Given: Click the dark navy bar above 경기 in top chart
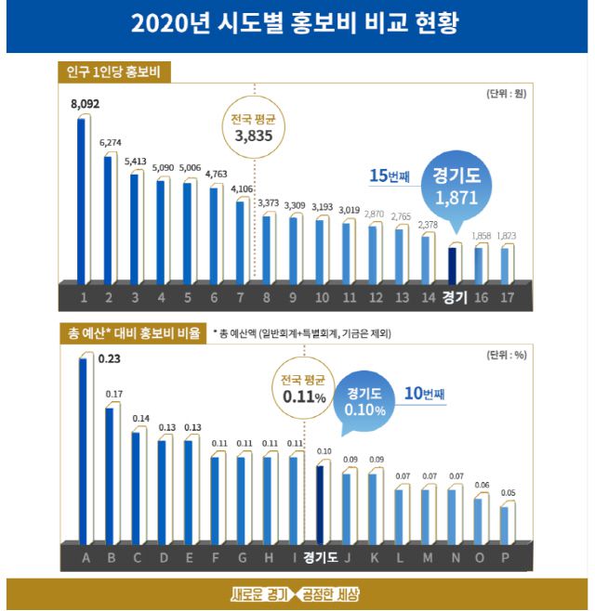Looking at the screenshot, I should point(452,265).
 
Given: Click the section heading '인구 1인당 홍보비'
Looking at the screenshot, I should point(114,71).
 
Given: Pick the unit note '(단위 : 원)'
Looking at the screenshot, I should point(507,94).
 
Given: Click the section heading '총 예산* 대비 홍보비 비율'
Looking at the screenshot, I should point(129,331).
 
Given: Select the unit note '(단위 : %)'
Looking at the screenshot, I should point(508,355).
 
